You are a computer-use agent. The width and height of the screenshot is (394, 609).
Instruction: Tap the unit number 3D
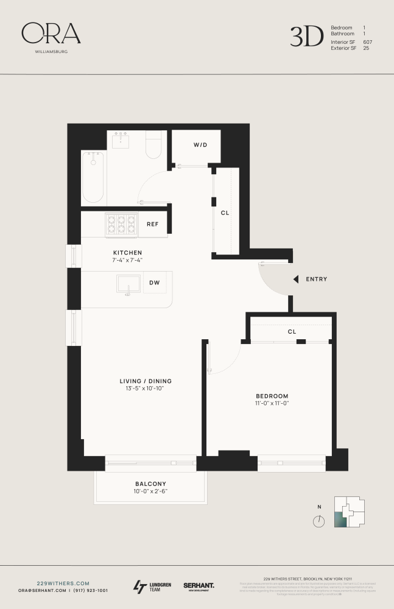pyautogui.click(x=306, y=37)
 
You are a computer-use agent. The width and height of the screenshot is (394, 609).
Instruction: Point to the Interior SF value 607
pyautogui.click(x=367, y=42)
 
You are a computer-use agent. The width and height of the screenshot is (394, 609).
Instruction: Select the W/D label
pyautogui.click(x=200, y=145)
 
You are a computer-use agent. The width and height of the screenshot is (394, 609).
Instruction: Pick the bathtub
pyautogui.click(x=93, y=177)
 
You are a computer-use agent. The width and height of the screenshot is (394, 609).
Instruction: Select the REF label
pyautogui.click(x=152, y=224)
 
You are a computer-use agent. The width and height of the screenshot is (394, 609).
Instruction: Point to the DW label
pyautogui.click(x=155, y=283)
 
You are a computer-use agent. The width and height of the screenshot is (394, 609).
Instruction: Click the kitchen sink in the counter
pyautogui.click(x=128, y=284)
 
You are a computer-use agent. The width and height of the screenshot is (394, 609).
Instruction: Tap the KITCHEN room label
pyautogui.click(x=127, y=252)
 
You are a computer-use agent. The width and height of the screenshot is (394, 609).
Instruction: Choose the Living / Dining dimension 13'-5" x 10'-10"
pyautogui.click(x=142, y=389)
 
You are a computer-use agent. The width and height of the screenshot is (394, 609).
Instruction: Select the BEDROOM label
pyautogui.click(x=272, y=395)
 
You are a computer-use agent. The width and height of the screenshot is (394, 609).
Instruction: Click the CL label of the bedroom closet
pyautogui.click(x=292, y=332)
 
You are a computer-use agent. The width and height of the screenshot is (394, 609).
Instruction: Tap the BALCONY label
pyautogui.click(x=150, y=484)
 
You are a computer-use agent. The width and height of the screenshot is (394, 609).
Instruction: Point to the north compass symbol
pyautogui.click(x=318, y=521)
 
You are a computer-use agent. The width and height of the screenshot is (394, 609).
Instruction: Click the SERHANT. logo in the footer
pyautogui.click(x=199, y=586)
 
